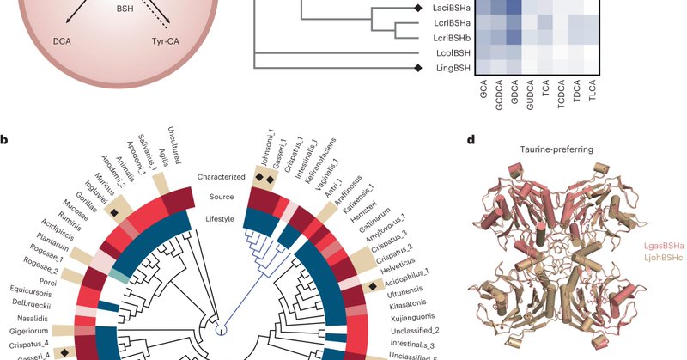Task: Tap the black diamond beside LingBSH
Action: pyautogui.click(x=418, y=67)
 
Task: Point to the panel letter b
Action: pyautogui.click(x=6, y=139)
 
